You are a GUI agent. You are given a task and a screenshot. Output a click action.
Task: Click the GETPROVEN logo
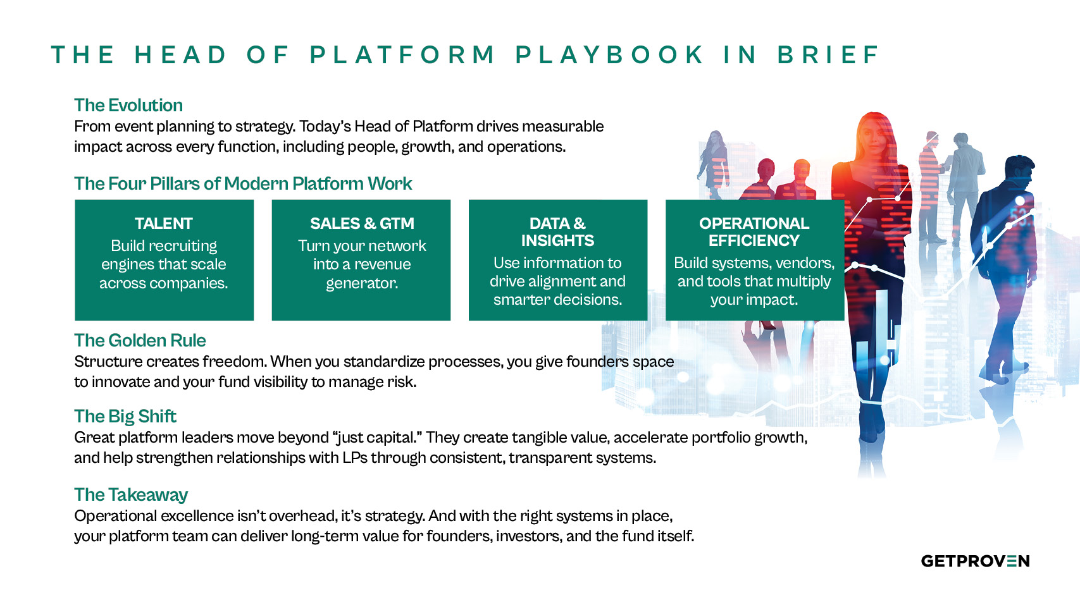[x=975, y=561]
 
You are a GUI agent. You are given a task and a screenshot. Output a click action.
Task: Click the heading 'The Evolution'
[x=128, y=105]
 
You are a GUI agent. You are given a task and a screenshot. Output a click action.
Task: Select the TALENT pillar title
[x=163, y=223]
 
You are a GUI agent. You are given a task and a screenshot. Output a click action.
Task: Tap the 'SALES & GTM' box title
[x=362, y=223]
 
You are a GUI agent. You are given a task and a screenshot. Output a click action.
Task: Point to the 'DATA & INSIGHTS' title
[x=557, y=232]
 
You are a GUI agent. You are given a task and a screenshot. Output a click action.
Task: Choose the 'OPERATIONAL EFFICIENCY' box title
[x=754, y=232]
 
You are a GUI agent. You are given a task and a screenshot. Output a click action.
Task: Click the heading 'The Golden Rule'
[x=140, y=340]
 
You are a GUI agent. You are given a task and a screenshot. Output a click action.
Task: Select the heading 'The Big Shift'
[x=125, y=416]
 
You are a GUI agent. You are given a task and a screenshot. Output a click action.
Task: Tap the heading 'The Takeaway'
[x=131, y=494]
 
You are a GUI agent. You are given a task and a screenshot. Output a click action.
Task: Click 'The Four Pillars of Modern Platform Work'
[x=243, y=183]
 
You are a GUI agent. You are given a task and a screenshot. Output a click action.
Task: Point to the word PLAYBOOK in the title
[x=609, y=55]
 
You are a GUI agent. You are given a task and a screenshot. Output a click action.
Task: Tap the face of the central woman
[x=876, y=136]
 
